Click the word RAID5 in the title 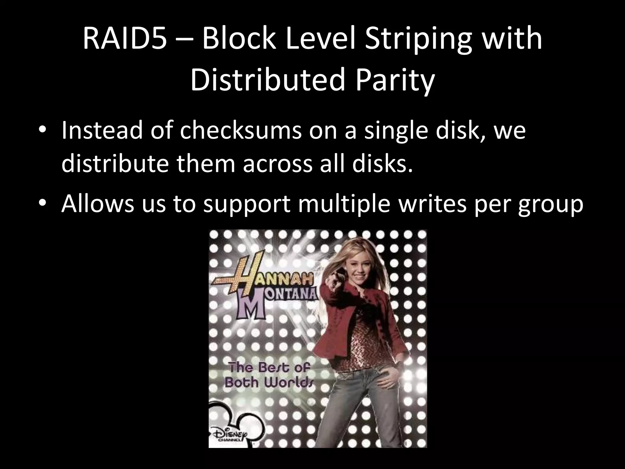(x=125, y=39)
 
